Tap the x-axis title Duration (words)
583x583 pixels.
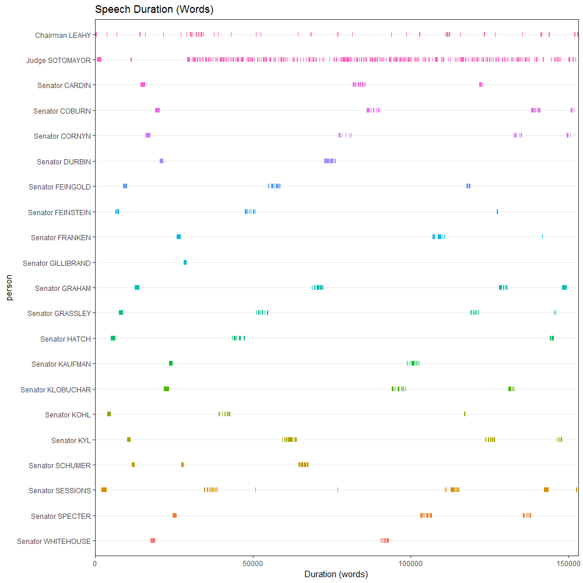[336, 574]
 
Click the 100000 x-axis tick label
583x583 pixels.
[411, 564]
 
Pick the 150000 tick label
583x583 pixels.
[568, 564]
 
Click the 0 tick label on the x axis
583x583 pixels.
[95, 564]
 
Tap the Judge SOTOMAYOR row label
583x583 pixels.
[58, 60]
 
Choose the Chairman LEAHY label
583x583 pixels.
[63, 35]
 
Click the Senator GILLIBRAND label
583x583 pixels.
[57, 263]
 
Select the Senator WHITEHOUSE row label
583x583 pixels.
[54, 541]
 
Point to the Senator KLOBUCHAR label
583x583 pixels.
[55, 389]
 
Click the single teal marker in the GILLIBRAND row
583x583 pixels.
[185, 262]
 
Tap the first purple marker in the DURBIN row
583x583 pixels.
[161, 161]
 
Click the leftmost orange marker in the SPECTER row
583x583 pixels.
[174, 515]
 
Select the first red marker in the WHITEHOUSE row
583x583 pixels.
[153, 540]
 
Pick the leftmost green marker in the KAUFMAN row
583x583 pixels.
[171, 363]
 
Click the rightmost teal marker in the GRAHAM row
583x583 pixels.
[564, 287]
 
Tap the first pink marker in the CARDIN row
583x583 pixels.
[143, 85]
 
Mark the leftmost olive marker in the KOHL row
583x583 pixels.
[109, 414]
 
